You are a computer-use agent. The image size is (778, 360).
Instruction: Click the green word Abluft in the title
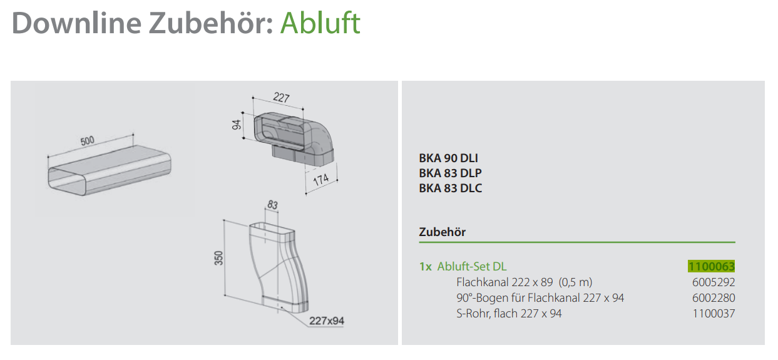320,23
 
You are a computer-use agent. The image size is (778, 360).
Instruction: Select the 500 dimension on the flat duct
87,140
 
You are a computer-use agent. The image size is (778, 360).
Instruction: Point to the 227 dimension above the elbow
281,97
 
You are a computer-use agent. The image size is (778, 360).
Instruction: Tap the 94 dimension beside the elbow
237,125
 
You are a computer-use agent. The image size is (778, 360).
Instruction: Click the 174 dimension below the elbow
321,179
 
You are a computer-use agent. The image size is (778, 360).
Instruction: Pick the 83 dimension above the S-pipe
272,205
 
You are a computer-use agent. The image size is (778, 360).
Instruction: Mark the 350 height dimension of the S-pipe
218,258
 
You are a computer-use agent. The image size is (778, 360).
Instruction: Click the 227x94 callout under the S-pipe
327,321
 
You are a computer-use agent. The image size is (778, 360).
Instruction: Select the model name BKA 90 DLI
448,158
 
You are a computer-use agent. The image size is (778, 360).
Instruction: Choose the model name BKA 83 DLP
450,173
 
